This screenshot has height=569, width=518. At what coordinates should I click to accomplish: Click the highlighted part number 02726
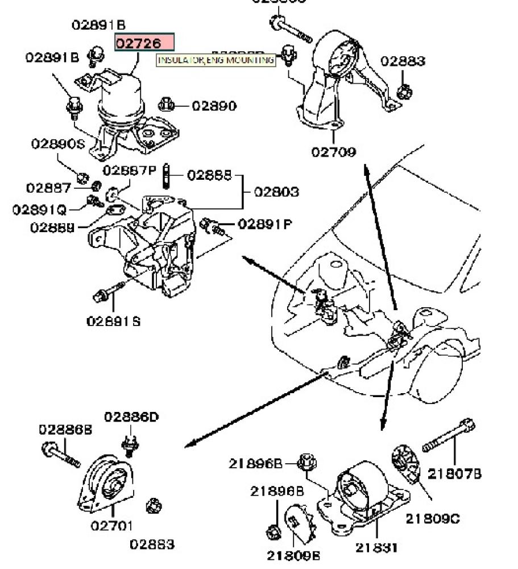pyautogui.click(x=144, y=43)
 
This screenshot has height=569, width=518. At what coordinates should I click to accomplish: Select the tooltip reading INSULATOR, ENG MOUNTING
pyautogui.click(x=216, y=60)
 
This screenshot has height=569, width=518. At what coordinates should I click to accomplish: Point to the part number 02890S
pyautogui.click(x=57, y=144)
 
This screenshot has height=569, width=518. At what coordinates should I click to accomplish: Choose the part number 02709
pyautogui.click(x=333, y=152)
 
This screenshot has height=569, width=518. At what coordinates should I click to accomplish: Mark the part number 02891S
pyautogui.click(x=114, y=321)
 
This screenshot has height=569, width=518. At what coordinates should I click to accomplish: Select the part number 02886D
pyautogui.click(x=131, y=417)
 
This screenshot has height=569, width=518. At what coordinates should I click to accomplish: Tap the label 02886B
pyautogui.click(x=65, y=429)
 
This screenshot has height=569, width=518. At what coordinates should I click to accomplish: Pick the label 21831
pyautogui.click(x=376, y=547)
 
